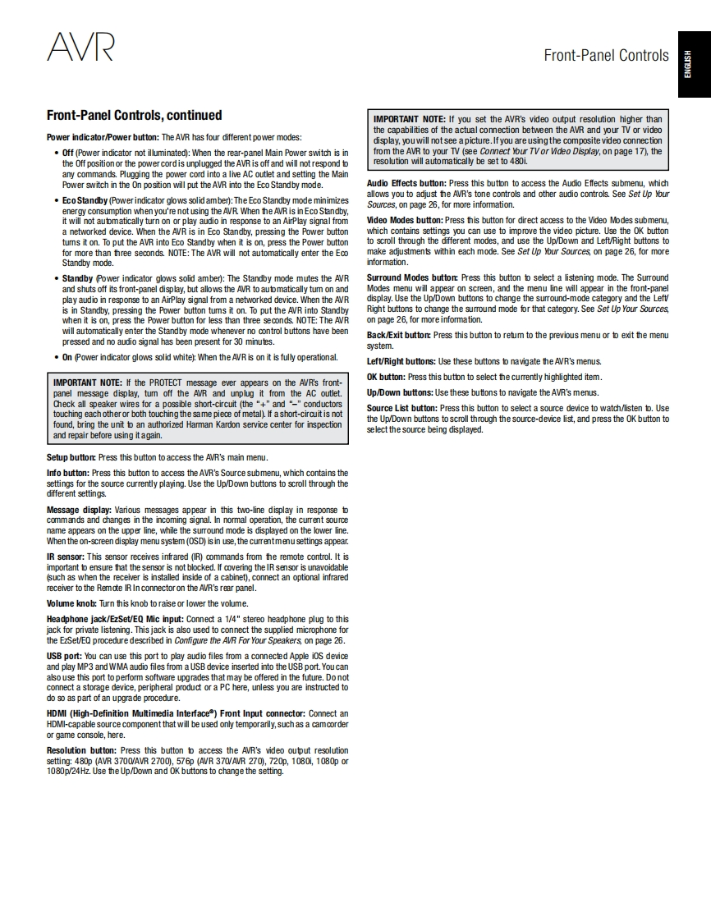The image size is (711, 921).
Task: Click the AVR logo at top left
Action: tap(80, 47)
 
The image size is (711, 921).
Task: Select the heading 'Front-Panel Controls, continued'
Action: tap(134, 115)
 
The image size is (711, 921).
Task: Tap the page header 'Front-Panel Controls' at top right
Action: tap(606, 55)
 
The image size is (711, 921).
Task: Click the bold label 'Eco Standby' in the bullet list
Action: tap(85, 200)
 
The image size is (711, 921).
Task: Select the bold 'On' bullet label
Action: tap(67, 357)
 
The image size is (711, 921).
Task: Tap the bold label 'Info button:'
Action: tap(68, 473)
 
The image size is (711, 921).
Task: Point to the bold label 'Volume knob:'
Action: tap(71, 603)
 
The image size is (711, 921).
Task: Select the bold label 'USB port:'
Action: tap(64, 656)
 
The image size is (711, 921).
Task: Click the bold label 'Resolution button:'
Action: tap(81, 750)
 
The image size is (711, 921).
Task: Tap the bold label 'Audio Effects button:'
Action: tap(406, 183)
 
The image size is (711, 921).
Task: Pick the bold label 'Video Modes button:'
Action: tap(404, 220)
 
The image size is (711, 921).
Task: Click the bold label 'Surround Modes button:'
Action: tap(412, 277)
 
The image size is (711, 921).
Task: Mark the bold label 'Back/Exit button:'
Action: tap(398, 335)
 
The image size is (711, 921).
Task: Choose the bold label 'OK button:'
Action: tap(386, 377)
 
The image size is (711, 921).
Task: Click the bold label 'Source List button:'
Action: tap(401, 408)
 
